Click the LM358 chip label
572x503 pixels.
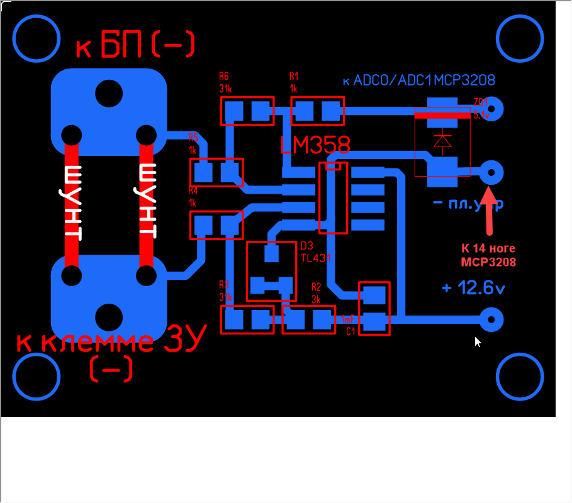tap(315, 145)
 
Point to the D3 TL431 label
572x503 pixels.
tap(315, 251)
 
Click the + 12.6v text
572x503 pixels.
tap(473, 288)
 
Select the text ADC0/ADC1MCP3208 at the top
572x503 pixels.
tap(418, 80)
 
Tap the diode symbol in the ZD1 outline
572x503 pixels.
tap(443, 141)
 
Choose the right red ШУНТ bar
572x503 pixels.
tap(146, 204)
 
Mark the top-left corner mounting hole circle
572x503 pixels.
tap(35, 38)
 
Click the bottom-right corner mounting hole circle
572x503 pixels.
tap(519, 377)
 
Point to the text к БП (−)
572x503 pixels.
tap(135, 45)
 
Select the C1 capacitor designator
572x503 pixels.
tap(351, 331)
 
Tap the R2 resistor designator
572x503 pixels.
tap(316, 287)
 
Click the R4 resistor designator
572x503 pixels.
tap(193, 191)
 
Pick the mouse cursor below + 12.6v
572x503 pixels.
tap(478, 341)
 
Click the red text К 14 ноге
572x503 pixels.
tap(488, 247)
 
